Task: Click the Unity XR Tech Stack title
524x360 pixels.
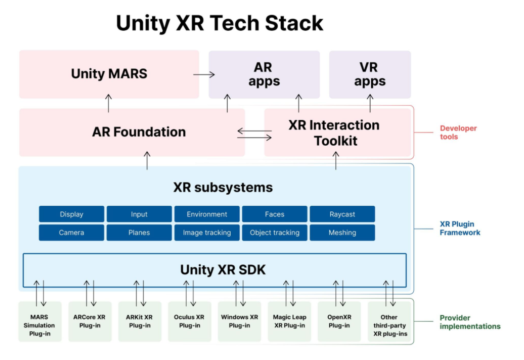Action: tap(220, 23)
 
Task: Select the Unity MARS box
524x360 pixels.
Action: tap(109, 74)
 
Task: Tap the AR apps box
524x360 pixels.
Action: tap(264, 74)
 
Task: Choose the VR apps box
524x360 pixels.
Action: tap(370, 74)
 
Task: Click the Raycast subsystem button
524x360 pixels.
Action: tap(342, 214)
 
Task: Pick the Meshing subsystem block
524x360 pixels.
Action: tap(342, 233)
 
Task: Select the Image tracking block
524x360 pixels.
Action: tap(207, 233)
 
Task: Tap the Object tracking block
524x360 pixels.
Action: tap(275, 233)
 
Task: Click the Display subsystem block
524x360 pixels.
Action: tap(71, 214)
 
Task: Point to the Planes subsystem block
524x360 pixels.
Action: tap(139, 233)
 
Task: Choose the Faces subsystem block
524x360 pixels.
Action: tap(275, 214)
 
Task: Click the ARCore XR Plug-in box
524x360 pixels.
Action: tap(90, 322)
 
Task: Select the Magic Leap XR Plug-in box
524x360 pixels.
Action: tap(290, 322)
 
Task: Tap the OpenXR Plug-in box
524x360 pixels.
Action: tap(339, 322)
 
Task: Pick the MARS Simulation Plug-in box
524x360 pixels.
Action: tap(39, 325)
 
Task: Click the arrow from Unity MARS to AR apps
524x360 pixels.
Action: tap(204, 74)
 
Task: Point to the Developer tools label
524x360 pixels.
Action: tap(458, 132)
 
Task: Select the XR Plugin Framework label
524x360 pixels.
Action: tap(460, 229)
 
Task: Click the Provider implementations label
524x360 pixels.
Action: tap(470, 322)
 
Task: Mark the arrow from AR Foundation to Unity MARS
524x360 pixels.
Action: tap(109, 103)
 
